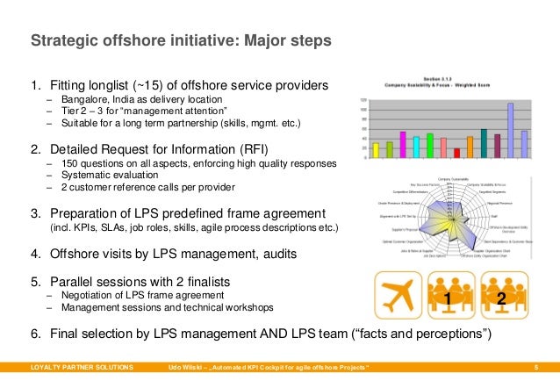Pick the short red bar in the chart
(x=456, y=152)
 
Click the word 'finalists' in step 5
(x=201, y=282)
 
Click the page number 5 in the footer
(x=547, y=365)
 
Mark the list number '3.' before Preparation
(x=36, y=213)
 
